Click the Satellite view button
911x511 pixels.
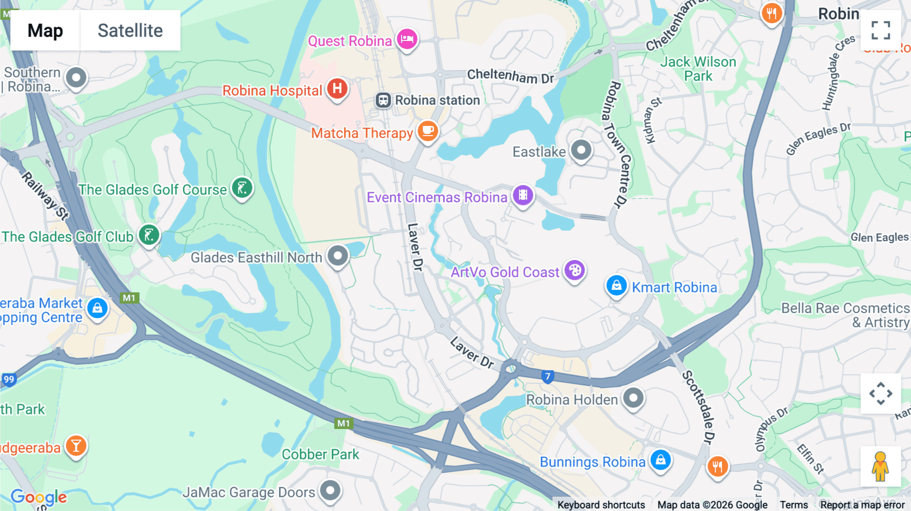[130, 30]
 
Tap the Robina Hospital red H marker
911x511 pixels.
[337, 89]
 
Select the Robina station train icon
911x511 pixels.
[383, 100]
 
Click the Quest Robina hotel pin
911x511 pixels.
[407, 39]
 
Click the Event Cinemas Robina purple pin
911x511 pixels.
[523, 195]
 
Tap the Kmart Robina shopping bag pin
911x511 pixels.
[616, 286]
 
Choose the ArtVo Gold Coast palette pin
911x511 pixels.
[574, 271]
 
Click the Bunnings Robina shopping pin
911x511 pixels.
[660, 460]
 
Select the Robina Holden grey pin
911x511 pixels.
[633, 398]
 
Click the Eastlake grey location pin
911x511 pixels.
[581, 150]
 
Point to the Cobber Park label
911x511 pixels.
[320, 454]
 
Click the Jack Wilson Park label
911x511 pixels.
[698, 69]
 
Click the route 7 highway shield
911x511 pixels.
[547, 376]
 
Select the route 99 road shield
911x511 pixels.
[9, 379]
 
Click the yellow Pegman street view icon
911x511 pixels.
[880, 466]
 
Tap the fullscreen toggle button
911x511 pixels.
[881, 30]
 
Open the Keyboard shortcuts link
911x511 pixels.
[601, 504]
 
